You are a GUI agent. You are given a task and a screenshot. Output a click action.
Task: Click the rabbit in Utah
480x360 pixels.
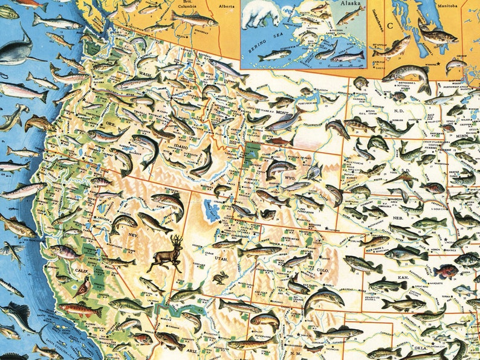pos(218,278)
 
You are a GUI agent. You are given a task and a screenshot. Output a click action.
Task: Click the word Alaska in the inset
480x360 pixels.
pos(351,3)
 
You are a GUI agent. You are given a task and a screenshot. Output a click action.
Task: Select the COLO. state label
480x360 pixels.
pos(323,270)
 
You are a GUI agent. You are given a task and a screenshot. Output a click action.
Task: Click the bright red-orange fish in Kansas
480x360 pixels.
pos(446,270)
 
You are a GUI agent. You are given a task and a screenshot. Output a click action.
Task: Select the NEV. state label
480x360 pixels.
pos(132,234)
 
